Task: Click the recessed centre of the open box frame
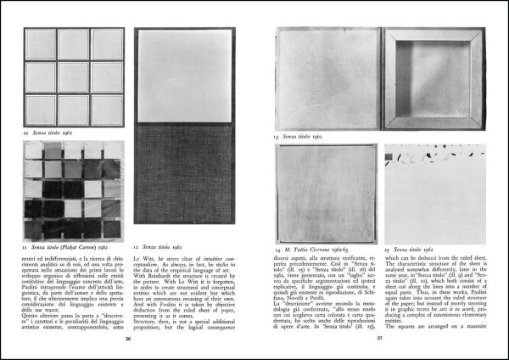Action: (433, 78)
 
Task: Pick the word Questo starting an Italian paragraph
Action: (34, 312)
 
